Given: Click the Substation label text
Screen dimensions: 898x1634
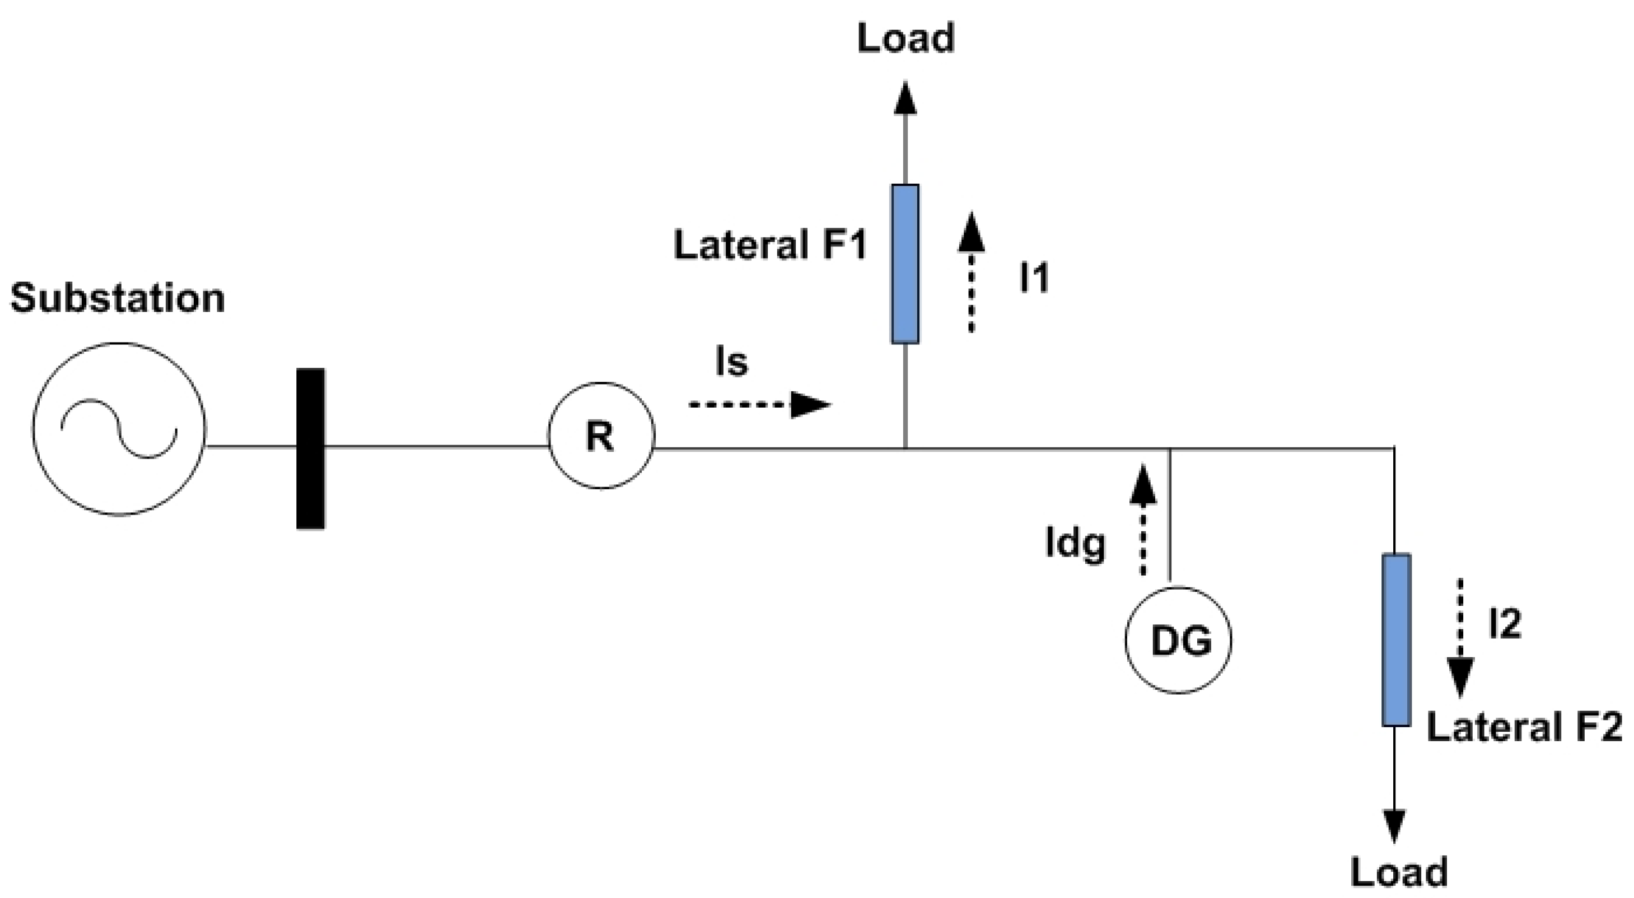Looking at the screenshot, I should tap(118, 298).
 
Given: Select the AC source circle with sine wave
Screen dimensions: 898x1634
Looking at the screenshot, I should tap(119, 429).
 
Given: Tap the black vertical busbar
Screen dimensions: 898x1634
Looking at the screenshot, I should tap(310, 448).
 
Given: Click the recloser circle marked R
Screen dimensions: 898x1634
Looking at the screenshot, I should tap(601, 436).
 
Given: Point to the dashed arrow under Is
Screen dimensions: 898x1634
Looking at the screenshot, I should tap(759, 404).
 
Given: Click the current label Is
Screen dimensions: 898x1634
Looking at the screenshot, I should tap(731, 363).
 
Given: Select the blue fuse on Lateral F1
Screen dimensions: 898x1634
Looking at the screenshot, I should tap(905, 264).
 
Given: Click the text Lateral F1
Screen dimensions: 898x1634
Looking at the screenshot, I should tap(770, 245).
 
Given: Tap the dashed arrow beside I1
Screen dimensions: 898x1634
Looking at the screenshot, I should tap(971, 273).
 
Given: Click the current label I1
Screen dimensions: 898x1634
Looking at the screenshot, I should tap(1034, 277).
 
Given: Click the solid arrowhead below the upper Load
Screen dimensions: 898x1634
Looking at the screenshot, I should tap(905, 99).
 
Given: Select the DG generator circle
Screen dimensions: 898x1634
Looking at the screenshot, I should tap(1179, 640).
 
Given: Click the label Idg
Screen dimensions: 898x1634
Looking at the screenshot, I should tap(1075, 544).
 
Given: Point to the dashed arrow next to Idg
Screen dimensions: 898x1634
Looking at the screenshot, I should tap(1143, 520).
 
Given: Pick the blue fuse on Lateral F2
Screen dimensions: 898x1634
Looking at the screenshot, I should tap(1396, 640).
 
